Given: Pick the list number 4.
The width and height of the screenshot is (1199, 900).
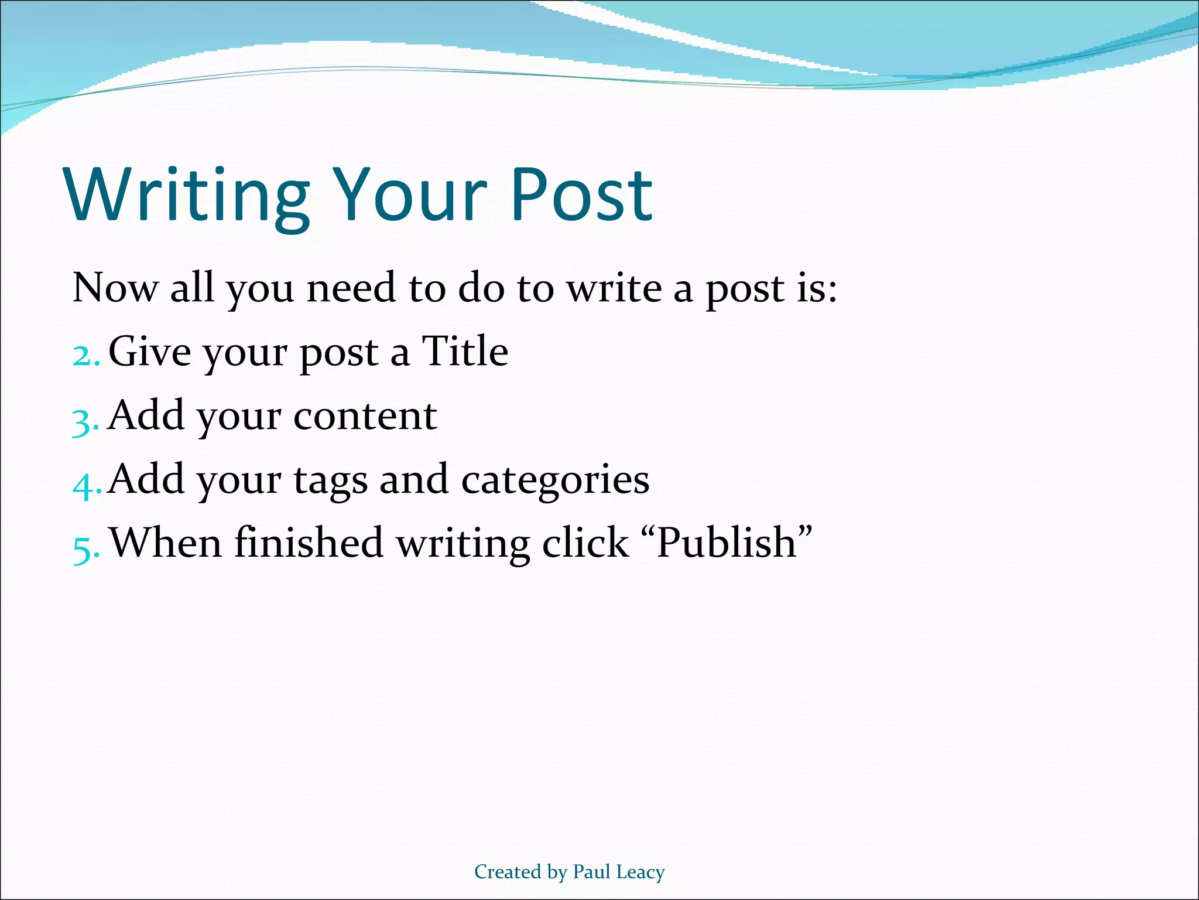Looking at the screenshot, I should pos(85,484).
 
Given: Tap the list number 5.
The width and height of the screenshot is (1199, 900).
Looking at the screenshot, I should pos(84,547).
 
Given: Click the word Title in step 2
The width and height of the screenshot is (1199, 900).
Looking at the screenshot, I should pos(465,352).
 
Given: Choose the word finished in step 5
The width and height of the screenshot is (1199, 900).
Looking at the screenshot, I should pos(309,543).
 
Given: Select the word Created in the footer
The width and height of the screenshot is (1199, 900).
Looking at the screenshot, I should pos(508,872).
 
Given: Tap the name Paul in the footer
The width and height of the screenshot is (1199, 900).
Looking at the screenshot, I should pos(591,872).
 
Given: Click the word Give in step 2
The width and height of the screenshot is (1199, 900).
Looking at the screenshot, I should pos(150,352).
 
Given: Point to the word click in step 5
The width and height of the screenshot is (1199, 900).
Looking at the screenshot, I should pos(585,543).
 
